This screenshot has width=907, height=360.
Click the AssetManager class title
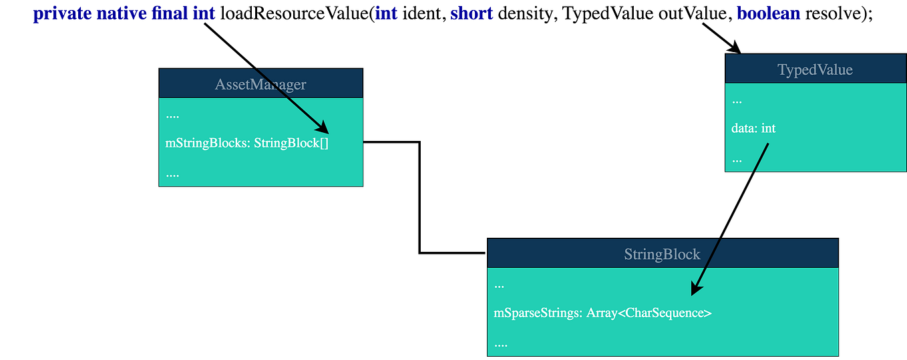(260, 84)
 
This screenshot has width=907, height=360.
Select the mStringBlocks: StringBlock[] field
(247, 143)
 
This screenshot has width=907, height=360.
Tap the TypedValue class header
(815, 70)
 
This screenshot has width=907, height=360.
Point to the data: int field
(753, 128)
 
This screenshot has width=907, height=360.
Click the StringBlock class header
(662, 254)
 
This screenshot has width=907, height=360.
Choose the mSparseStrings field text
(538, 313)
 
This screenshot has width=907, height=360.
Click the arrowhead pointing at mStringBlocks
(322, 128)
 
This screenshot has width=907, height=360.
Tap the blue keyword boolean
(767, 14)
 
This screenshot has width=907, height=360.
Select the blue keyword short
(472, 14)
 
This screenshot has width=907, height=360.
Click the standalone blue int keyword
(387, 14)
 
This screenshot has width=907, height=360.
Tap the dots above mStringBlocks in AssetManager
(172, 116)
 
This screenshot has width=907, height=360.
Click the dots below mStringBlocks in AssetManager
(172, 174)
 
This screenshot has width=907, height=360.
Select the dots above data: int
(737, 102)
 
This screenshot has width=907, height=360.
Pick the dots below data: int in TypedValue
(737, 160)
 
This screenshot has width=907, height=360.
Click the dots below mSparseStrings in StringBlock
(501, 345)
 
